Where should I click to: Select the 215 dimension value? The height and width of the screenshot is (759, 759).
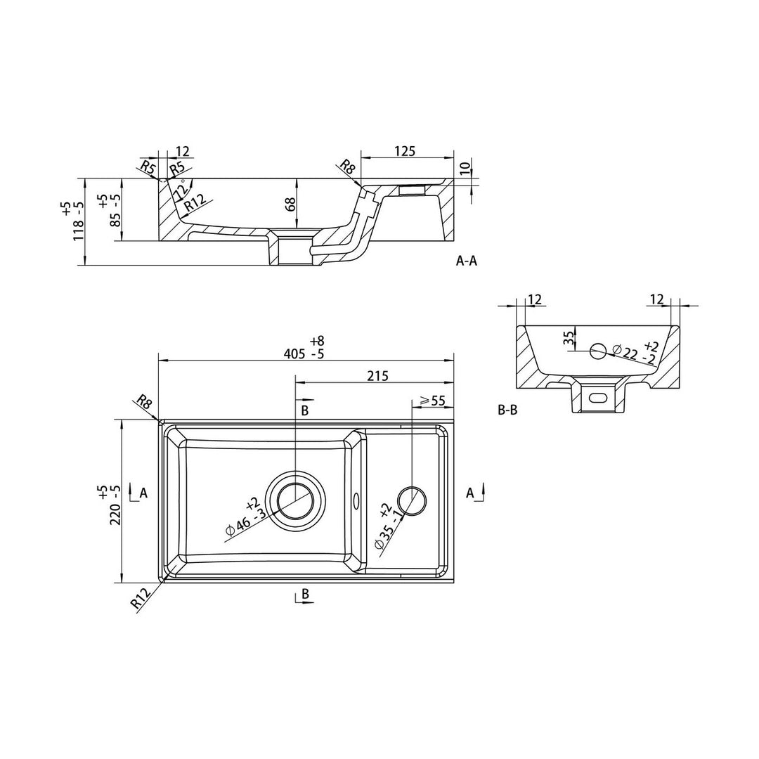[x=378, y=375]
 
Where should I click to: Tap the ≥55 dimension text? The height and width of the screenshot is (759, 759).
[x=432, y=401]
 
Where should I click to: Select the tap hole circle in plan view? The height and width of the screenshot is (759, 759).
[x=412, y=500]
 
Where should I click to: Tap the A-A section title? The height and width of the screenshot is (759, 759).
[x=467, y=261]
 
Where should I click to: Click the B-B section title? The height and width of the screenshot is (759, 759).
[x=508, y=410]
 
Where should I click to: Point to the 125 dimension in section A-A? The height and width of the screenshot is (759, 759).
[x=406, y=151]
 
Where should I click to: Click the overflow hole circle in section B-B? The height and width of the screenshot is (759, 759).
[x=598, y=351]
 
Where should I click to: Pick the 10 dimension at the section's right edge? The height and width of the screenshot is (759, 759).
[x=465, y=169]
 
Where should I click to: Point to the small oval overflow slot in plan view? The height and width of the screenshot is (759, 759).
[x=357, y=500]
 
